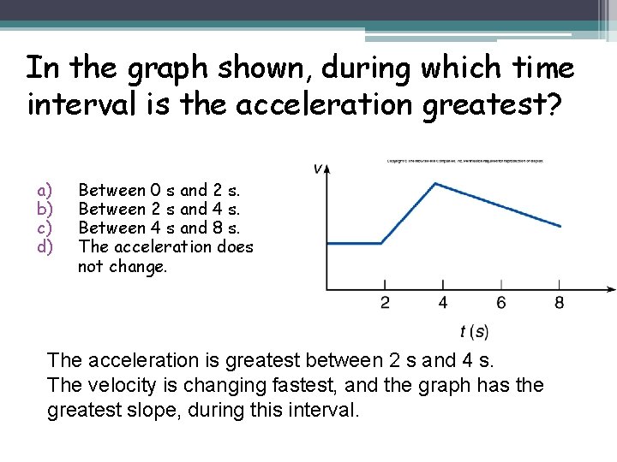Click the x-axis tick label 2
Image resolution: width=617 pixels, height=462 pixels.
(x=385, y=303)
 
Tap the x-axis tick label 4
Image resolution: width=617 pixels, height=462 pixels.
(x=443, y=303)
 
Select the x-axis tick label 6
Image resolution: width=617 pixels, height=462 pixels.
(x=501, y=303)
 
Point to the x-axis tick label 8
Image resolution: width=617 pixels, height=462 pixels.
(x=560, y=303)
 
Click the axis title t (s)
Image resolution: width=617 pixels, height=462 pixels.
(x=474, y=331)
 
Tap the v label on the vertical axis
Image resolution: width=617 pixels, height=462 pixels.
(x=318, y=169)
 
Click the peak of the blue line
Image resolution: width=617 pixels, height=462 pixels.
(x=437, y=183)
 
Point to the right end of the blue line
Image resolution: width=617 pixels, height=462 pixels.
(x=561, y=227)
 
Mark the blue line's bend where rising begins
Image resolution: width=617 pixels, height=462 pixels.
(x=380, y=244)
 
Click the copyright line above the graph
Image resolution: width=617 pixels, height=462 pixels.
(x=465, y=160)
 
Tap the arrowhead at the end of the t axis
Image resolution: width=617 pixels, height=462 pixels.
(x=610, y=289)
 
